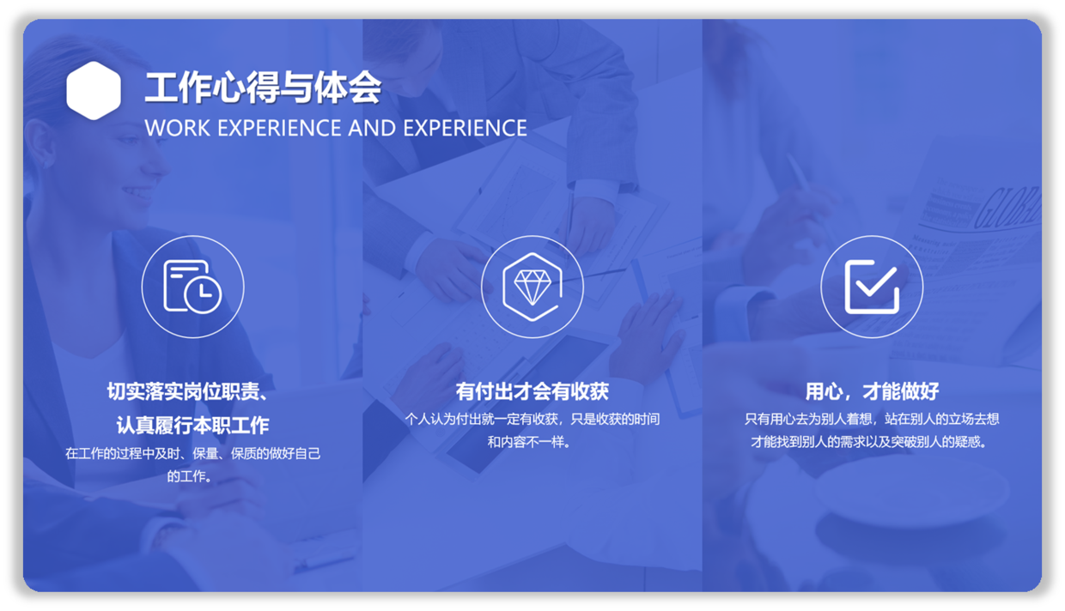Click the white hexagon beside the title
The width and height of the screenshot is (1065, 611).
(94, 90)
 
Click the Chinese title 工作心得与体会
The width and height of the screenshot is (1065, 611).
(263, 88)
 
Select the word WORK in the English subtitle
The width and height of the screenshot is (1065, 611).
(177, 128)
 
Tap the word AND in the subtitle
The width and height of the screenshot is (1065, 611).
(372, 128)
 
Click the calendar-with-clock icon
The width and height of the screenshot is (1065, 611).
(192, 287)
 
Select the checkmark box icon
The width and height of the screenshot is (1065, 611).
(872, 287)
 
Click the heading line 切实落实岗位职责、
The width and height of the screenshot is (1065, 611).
(188, 391)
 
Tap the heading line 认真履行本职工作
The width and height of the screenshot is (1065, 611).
(192, 426)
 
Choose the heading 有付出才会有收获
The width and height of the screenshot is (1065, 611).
(532, 391)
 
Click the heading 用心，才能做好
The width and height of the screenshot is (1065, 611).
(872, 391)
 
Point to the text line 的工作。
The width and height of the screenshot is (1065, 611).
(189, 476)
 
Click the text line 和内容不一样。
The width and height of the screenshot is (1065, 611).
(529, 442)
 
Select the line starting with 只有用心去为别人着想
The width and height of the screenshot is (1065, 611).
(872, 419)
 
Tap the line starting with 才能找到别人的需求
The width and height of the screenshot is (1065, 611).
(869, 442)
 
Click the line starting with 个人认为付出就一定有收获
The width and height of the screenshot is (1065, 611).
(532, 419)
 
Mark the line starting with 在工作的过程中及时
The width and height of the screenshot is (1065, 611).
(192, 453)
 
